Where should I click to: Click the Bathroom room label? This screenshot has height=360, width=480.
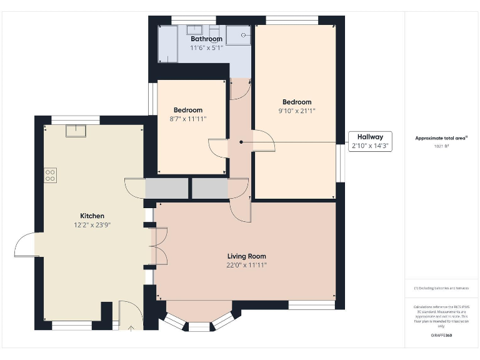(x=206, y=39)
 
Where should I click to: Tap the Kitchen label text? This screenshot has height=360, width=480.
(x=92, y=216)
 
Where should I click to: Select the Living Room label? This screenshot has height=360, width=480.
(x=246, y=256)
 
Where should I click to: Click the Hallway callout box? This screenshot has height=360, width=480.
(x=370, y=141)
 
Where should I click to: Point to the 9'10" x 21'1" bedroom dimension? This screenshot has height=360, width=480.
(x=297, y=111)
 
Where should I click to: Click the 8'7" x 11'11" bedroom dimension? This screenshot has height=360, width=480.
(x=188, y=118)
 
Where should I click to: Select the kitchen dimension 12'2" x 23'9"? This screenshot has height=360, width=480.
(x=92, y=224)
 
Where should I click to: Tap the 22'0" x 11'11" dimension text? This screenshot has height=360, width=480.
(x=246, y=264)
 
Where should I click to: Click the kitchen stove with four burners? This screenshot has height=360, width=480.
(x=51, y=175)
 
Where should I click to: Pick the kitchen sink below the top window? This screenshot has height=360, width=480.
(x=77, y=130)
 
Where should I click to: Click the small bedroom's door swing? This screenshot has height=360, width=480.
(x=219, y=149)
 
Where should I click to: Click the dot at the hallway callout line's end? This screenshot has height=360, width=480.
(x=241, y=142)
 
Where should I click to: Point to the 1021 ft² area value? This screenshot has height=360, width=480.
(x=441, y=146)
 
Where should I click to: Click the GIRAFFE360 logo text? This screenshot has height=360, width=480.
(x=441, y=336)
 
